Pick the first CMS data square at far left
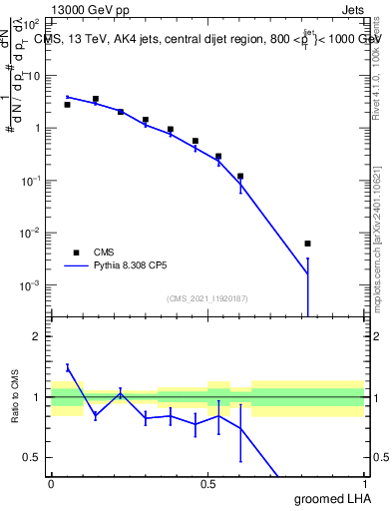point(67,104)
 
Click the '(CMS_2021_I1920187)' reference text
point(206,297)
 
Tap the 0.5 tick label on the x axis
point(207,483)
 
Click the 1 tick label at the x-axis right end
point(364,483)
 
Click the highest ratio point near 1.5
point(68,367)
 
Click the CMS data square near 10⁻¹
point(240,176)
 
